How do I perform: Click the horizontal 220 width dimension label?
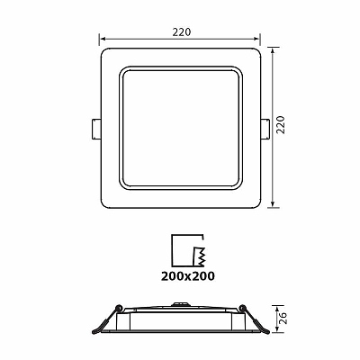click(x=182, y=32)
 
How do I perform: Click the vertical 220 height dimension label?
click(x=281, y=124)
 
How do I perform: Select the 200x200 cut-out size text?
click(x=188, y=276)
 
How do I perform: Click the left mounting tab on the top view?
click(x=95, y=129)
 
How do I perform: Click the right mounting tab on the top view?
click(x=265, y=129)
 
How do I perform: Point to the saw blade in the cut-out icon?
click(x=199, y=256)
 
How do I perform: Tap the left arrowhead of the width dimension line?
click(x=103, y=39)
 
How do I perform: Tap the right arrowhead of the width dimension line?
click(x=256, y=39)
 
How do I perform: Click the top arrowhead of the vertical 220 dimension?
click(x=273, y=50)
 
